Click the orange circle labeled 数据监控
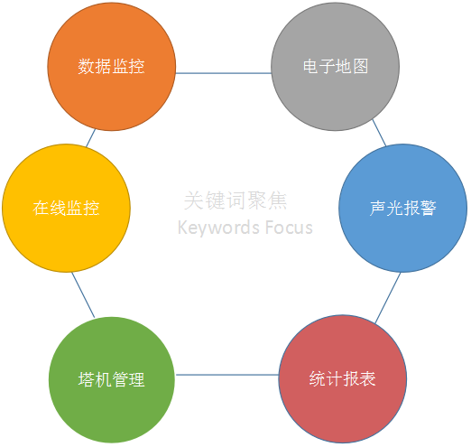pyautogui.click(x=112, y=67)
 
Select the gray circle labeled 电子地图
pyautogui.click(x=336, y=67)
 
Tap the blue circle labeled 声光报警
pyautogui.click(x=403, y=208)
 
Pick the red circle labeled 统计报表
pyautogui.click(x=343, y=379)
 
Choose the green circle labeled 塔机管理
pyautogui.click(x=112, y=380)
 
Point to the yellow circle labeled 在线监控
pyautogui.click(x=66, y=208)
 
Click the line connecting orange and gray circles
pyautogui.click(x=224, y=73)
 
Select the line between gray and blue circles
pyautogui.click(x=379, y=133)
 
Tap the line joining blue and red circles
pyautogui.click(x=388, y=298)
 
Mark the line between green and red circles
pyautogui.click(x=227, y=375)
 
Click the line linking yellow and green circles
pyautogui.click(x=83, y=295)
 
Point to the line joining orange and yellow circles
pyautogui.click(x=91, y=138)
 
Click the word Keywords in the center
pyautogui.click(x=216, y=228)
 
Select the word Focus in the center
pyautogui.click(x=289, y=228)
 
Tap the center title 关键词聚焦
pyautogui.click(x=235, y=200)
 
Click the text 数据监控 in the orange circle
pyautogui.click(x=111, y=66)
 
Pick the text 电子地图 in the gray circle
pyautogui.click(x=336, y=66)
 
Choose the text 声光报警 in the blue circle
pyautogui.click(x=403, y=208)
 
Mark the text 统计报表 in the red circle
pyautogui.click(x=343, y=378)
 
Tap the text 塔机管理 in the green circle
pyautogui.click(x=112, y=379)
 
